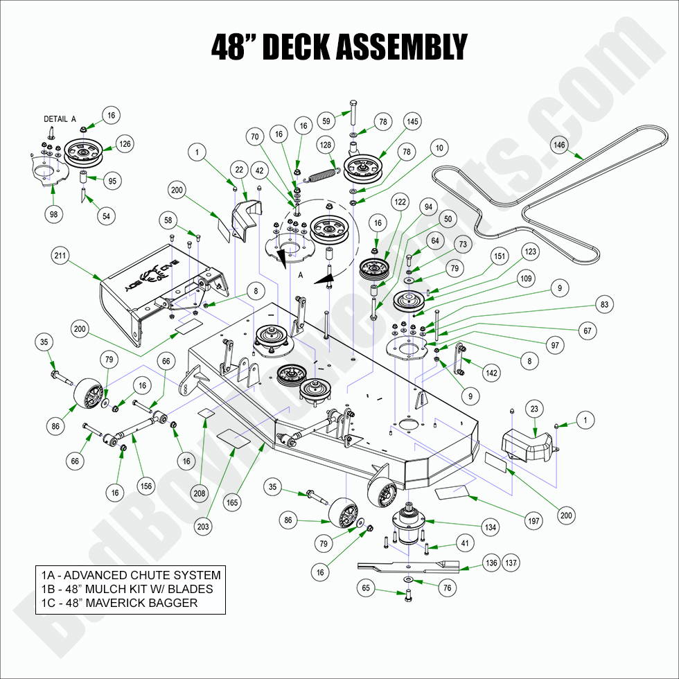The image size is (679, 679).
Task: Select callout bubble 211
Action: point(59,256)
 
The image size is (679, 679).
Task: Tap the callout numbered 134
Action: point(491,527)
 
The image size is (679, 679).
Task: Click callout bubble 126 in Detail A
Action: point(125,143)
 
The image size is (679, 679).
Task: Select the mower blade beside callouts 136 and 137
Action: point(409,566)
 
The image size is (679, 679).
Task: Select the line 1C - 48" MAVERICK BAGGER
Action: point(119,603)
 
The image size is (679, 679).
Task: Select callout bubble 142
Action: point(491,373)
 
